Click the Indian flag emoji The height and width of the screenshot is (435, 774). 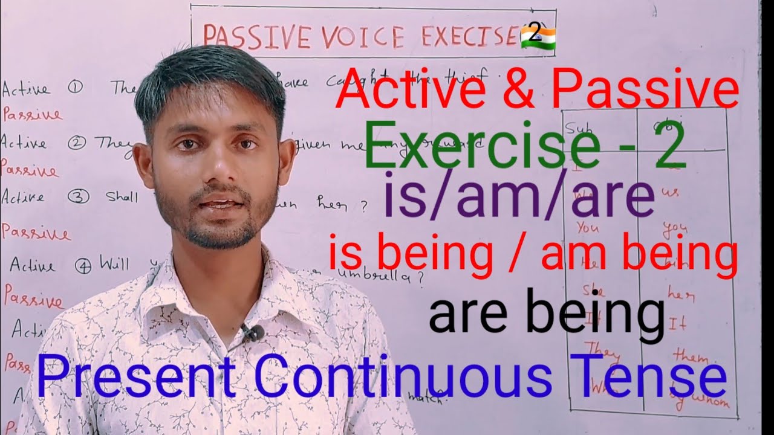pos(538,37)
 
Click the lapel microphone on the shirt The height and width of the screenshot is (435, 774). pos(253,332)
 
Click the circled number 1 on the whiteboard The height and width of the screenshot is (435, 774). pos(75,88)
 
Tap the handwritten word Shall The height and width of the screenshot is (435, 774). pos(122,197)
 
